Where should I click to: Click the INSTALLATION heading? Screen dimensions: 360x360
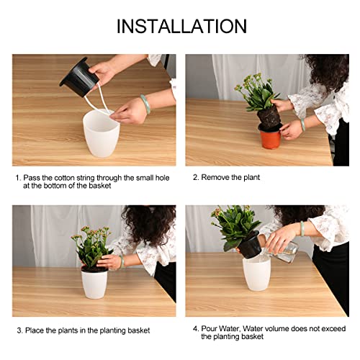click(x=181, y=27)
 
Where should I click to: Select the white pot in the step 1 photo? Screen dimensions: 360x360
click(x=101, y=133)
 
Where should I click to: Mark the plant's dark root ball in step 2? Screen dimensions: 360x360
click(x=269, y=119)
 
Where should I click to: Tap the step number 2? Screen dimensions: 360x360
click(x=194, y=177)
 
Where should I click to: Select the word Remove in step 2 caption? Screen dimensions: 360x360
click(x=215, y=177)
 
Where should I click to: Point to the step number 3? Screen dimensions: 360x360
click(x=19, y=330)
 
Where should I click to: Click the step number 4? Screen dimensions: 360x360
click(x=194, y=328)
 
